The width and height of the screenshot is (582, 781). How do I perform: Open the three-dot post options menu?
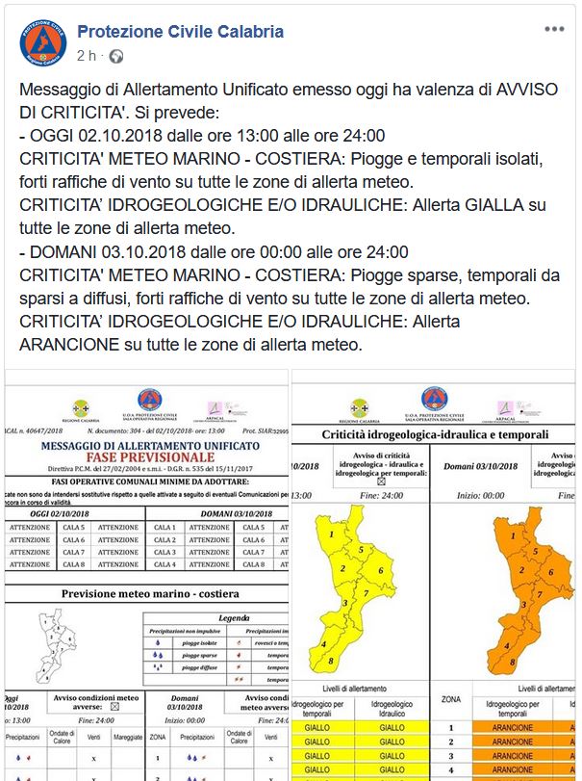(555, 30)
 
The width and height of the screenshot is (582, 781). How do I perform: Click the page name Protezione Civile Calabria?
(180, 32)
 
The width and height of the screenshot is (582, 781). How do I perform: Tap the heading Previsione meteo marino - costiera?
(149, 593)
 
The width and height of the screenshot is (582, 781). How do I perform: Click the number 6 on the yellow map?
(381, 571)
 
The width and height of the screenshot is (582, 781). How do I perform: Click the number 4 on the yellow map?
(324, 644)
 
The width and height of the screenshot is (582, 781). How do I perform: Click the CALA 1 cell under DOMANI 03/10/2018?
(164, 527)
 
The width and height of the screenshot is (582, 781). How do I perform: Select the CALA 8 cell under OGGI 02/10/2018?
(73, 565)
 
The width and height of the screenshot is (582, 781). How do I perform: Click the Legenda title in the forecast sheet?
(234, 618)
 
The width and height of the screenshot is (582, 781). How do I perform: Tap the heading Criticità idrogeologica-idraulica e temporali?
(435, 436)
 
